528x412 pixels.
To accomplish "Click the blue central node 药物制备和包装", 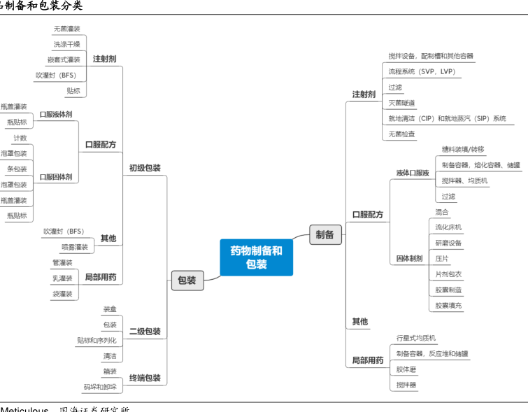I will [256, 257].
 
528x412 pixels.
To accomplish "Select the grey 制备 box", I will [325, 235].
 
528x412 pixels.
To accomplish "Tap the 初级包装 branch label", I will [145, 169].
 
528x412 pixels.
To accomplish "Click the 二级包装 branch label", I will [145, 332].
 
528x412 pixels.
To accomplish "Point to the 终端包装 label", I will [145, 378].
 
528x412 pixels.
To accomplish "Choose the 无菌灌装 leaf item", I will [66, 29].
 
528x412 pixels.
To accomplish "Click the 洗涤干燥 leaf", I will [66, 44].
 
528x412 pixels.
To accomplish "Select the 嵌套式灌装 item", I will [64, 60].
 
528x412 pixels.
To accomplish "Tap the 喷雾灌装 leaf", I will [75, 247].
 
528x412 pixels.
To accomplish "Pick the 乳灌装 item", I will [62, 278].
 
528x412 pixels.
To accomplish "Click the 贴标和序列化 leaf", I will [97, 341].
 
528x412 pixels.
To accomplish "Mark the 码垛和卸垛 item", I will [100, 387].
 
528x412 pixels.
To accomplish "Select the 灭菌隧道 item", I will [402, 103].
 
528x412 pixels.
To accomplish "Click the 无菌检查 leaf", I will [402, 134].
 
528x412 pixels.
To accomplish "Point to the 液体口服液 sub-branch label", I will [413, 173].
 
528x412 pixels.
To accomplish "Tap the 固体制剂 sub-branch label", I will [410, 259].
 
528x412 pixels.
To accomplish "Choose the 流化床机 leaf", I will [448, 227].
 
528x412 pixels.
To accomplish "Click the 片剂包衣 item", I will [448, 274].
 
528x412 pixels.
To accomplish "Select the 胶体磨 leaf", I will [406, 369].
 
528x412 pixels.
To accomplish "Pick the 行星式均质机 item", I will [416, 338].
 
